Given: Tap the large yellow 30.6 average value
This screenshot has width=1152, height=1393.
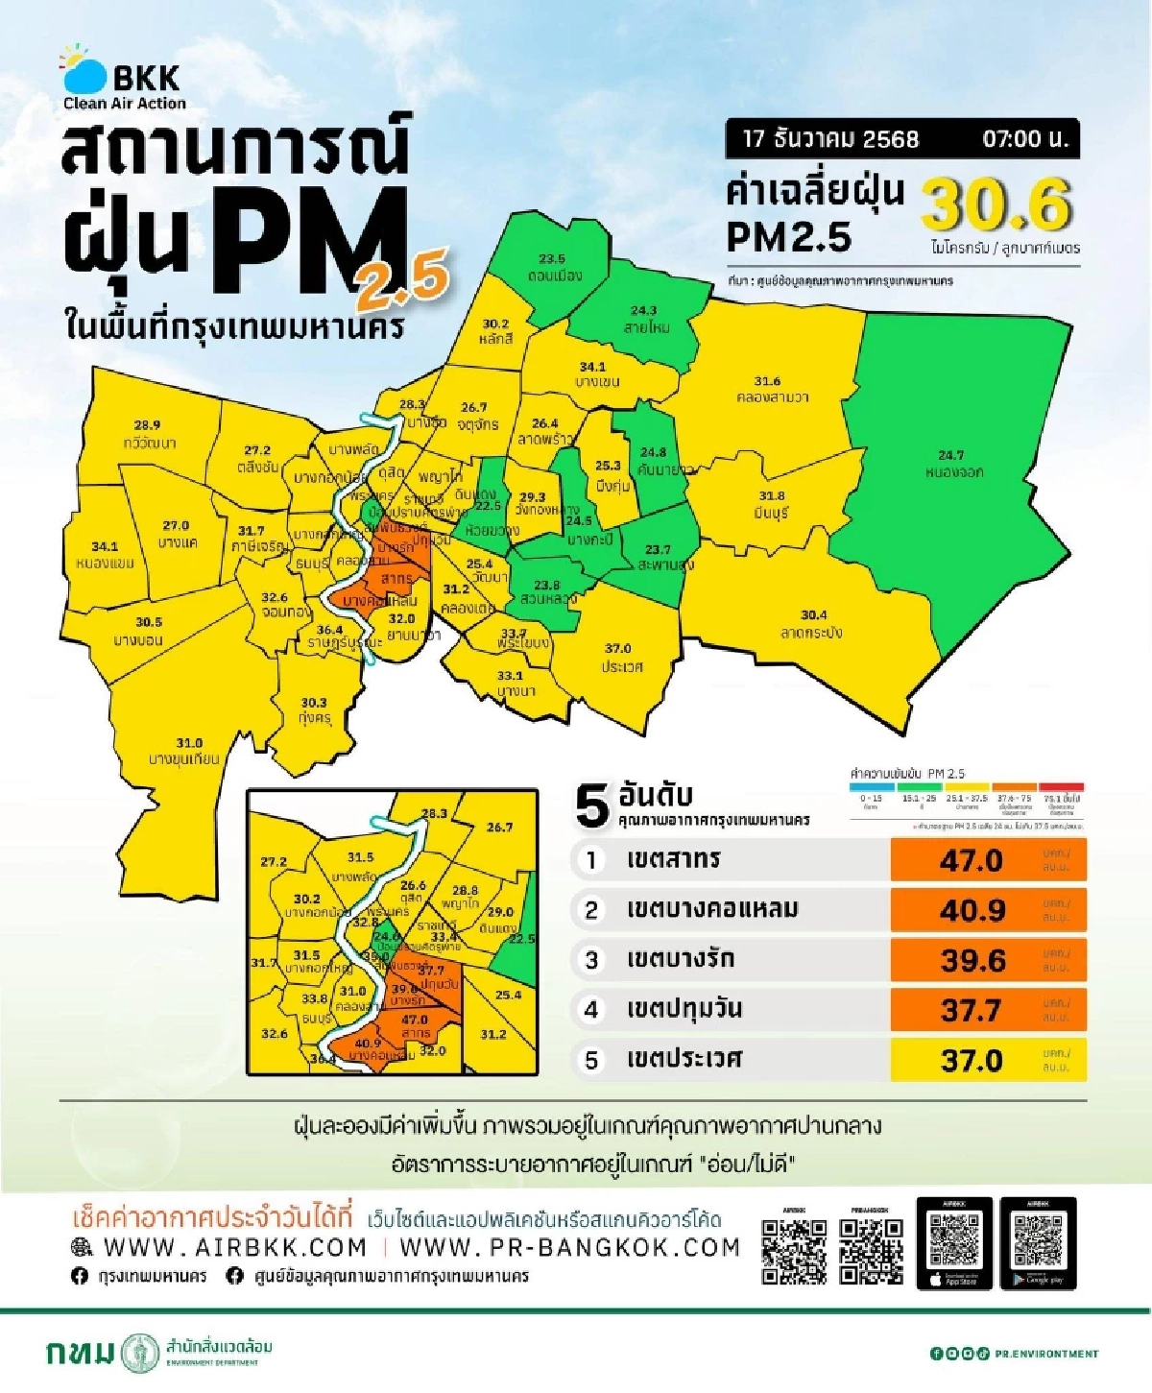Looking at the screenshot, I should (x=996, y=204).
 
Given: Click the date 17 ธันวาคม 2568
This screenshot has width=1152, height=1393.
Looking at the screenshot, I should (x=830, y=139).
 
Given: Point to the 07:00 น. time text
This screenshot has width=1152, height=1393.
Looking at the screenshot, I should (x=1024, y=139).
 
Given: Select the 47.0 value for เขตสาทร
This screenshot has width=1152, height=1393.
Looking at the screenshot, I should (x=972, y=860).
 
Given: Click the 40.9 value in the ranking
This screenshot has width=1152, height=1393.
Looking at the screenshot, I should (x=972, y=910).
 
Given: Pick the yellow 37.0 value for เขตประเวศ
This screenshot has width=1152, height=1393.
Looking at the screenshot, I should (x=972, y=1061).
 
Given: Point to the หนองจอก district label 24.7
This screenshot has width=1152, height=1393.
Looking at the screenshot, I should (x=952, y=464).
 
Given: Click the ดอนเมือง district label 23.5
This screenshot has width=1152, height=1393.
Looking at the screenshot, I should (x=554, y=268).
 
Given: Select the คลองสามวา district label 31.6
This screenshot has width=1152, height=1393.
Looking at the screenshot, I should (x=768, y=389).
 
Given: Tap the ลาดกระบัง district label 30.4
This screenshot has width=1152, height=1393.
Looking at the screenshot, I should (x=812, y=623).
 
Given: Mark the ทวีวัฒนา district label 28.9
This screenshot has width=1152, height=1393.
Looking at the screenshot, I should (x=148, y=434).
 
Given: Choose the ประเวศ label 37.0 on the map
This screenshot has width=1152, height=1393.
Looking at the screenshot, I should (x=620, y=658).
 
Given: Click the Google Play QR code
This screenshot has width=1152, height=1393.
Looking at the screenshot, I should (x=1038, y=1241).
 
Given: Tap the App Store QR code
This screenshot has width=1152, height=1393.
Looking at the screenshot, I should (x=954, y=1241).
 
